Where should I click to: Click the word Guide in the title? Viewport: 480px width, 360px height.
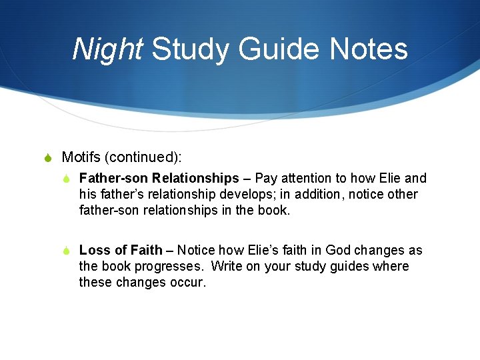(x=277, y=49)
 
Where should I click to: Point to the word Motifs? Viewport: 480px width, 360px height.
(x=81, y=157)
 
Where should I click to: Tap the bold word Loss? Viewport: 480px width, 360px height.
(x=94, y=250)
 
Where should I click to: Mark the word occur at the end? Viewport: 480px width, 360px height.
(x=189, y=282)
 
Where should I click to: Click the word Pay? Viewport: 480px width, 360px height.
(x=267, y=178)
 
